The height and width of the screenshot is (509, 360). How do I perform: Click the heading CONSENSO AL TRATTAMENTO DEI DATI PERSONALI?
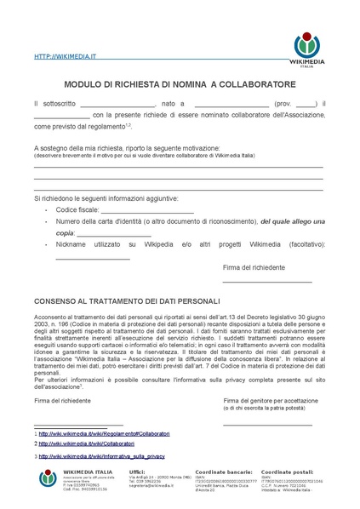tap(126, 300)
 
